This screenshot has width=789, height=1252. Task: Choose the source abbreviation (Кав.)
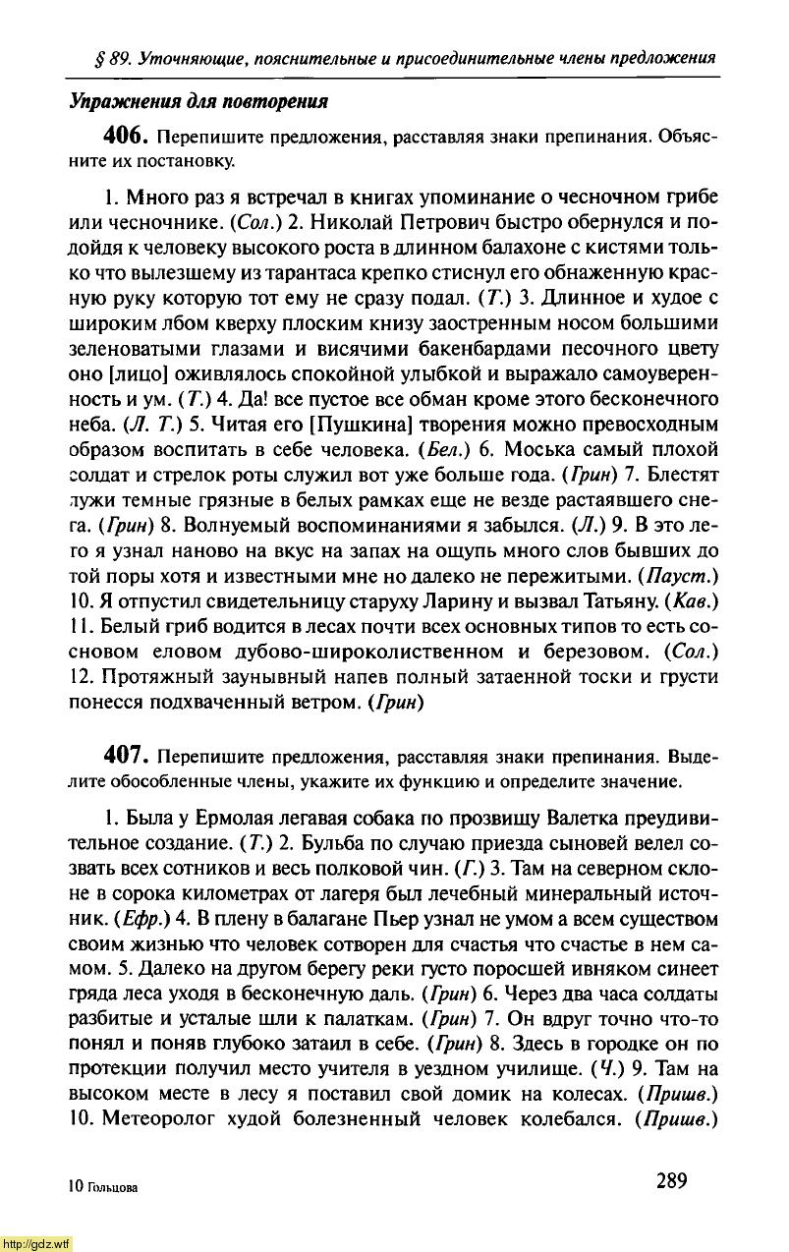click(x=694, y=625)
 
